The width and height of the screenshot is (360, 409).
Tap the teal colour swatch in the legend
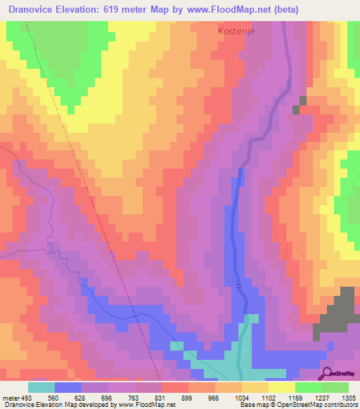pyautogui.click(x=41, y=387)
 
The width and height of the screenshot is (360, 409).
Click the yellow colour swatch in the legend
pyautogui.click(x=281, y=387)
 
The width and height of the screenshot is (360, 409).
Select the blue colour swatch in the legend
pyautogui.click(x=68, y=387)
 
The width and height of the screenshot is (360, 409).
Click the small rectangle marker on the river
pyautogui.click(x=238, y=285)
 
